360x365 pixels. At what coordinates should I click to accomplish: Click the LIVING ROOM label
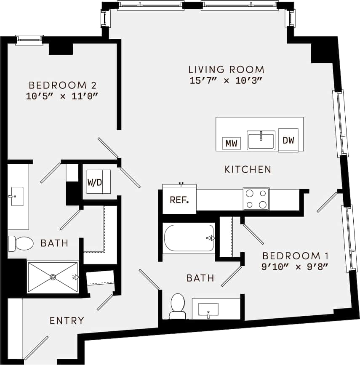[x=226, y=69]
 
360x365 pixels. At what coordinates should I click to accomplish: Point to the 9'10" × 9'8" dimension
[x=294, y=266]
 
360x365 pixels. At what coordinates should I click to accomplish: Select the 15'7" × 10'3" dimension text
[x=226, y=81]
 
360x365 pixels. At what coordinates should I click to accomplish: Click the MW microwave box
[x=231, y=143]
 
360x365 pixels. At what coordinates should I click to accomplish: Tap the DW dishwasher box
[x=288, y=141]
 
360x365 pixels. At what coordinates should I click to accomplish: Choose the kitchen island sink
[x=261, y=140]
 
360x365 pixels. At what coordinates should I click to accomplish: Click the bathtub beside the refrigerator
[x=189, y=238]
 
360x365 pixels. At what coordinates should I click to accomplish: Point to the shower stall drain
[x=53, y=277]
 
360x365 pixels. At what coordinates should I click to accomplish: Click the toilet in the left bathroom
[x=21, y=243]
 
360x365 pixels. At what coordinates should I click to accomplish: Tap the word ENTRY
[x=67, y=321]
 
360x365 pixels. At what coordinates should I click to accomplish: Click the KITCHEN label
[x=248, y=170]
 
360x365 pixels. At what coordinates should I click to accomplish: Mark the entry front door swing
[x=36, y=348]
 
